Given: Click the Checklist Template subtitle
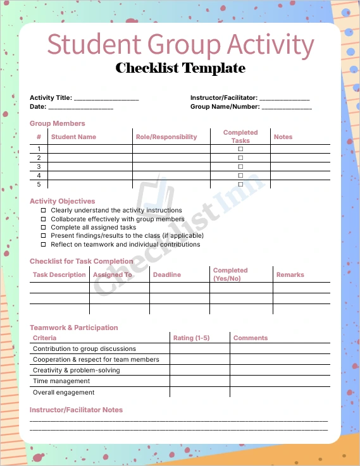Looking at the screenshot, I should point(180,68).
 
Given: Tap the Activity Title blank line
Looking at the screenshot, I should point(106,99).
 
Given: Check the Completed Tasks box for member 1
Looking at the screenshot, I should point(240,149).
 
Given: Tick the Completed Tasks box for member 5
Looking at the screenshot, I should point(240,184).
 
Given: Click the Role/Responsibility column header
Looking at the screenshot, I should point(166,137).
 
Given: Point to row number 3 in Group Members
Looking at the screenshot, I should point(39,166).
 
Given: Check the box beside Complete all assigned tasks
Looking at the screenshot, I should point(44,227).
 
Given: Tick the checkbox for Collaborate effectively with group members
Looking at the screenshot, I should point(44,219).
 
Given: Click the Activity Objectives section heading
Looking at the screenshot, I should point(63,201).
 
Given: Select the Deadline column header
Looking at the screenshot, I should point(166,274).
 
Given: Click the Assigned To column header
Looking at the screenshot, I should point(113,274).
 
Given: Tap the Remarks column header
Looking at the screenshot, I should point(290,274).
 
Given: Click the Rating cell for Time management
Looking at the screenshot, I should point(199,381).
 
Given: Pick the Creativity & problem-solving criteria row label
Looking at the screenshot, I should point(76,371).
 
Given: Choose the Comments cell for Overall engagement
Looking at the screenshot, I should point(280,392).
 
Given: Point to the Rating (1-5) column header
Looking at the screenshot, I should point(192,338).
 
